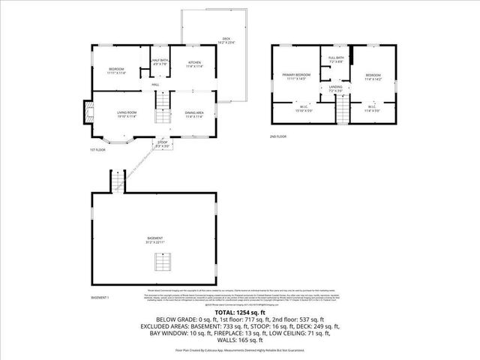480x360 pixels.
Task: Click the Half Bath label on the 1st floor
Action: click(160, 62)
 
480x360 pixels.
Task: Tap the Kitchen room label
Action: click(194, 64)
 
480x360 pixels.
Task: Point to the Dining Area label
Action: click(194, 114)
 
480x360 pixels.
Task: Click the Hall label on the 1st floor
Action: click(156, 85)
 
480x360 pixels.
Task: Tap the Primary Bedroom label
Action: click(296, 76)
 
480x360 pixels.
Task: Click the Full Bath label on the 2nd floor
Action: click(335, 60)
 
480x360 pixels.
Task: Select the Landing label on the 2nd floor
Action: click(335, 89)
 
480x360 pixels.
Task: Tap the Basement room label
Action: click(154, 240)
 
